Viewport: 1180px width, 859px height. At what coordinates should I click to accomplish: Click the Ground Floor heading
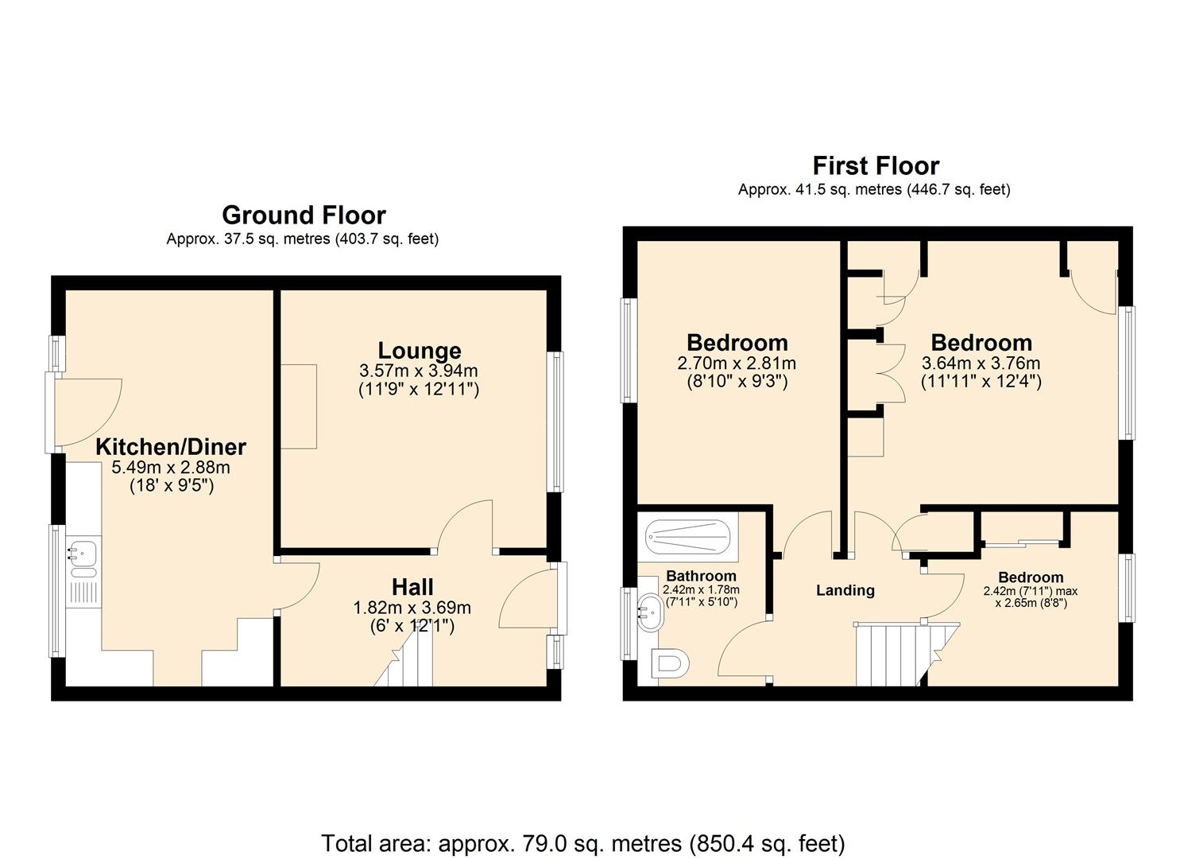pos(304,215)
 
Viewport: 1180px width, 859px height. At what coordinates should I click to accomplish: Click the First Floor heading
pos(875,165)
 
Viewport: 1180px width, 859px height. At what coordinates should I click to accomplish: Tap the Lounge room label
pos(419,350)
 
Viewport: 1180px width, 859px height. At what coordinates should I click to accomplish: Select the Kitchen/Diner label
pos(171,446)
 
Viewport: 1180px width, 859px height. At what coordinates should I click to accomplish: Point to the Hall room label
pos(412,587)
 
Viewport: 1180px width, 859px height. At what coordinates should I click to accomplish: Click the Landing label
pos(845,590)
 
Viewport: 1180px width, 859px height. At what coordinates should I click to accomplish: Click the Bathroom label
pos(700,576)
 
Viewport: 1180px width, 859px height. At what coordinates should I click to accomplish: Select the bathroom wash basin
pos(648,615)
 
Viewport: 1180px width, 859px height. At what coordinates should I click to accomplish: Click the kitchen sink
pos(83,554)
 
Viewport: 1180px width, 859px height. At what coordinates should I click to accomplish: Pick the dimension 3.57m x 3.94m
pos(419,371)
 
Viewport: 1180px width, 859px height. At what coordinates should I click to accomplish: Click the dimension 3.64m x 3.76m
pos(981,363)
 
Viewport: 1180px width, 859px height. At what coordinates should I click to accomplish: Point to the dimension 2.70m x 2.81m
pos(736,363)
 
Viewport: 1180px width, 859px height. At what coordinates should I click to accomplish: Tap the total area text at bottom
pos(582,842)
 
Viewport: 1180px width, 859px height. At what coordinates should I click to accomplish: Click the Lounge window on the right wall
pos(557,422)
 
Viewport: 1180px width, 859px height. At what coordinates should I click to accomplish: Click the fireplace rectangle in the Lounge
pos(299,406)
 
